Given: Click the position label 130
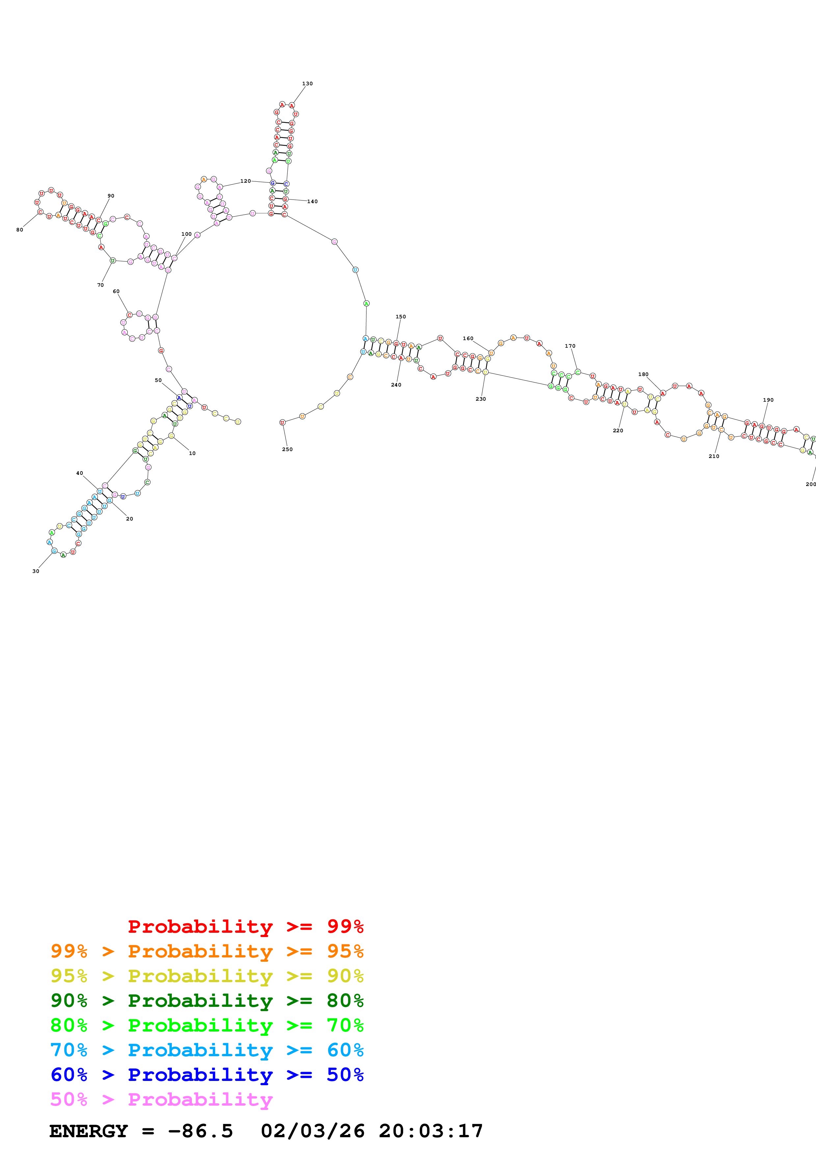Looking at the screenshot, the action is pyautogui.click(x=307, y=84).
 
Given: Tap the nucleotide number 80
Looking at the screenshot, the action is pyautogui.click(x=20, y=230).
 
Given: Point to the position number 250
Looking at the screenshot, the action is pyautogui.click(x=287, y=449).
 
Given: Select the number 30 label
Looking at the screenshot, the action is pyautogui.click(x=36, y=571).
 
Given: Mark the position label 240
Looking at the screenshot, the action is pyautogui.click(x=396, y=385).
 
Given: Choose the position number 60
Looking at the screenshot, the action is pyautogui.click(x=116, y=291).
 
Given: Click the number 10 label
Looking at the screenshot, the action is pyautogui.click(x=192, y=453).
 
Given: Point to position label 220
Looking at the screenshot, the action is pyautogui.click(x=618, y=431).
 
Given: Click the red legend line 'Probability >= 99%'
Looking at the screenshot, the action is pyautogui.click(x=245, y=927).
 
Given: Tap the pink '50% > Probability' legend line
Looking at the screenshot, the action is pyautogui.click(x=161, y=1100).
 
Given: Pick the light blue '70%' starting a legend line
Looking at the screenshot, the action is pyautogui.click(x=69, y=1050).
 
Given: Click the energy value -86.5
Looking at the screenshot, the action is pyautogui.click(x=200, y=1131).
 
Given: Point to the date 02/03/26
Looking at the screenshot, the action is pyautogui.click(x=312, y=1131).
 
